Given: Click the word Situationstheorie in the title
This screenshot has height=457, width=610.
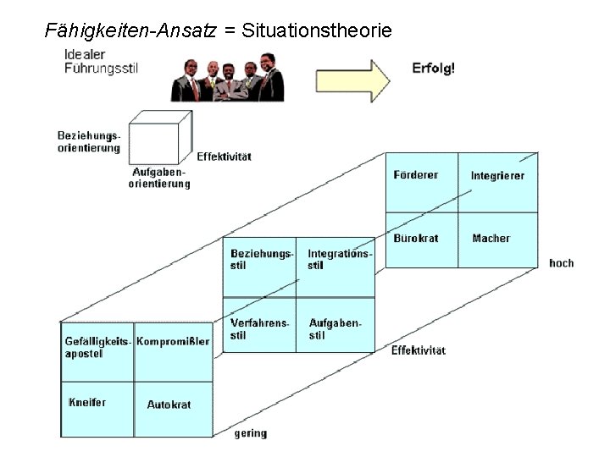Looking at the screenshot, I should [317, 32].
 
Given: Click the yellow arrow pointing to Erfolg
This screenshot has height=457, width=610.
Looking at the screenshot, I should [352, 79].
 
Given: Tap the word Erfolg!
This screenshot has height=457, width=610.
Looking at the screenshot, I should [433, 68].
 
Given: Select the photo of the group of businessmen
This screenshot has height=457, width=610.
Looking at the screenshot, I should [228, 77].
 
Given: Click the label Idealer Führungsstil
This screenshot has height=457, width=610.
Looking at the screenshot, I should [100, 62].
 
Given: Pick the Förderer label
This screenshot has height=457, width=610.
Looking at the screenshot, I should [416, 175].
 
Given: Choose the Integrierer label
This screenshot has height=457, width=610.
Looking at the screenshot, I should [497, 176].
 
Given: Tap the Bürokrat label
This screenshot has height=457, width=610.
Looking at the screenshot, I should [416, 239].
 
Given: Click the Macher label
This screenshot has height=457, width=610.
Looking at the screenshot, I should [491, 239].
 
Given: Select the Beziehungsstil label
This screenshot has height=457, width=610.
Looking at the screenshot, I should [262, 259].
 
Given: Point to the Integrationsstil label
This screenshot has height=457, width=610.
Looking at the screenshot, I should [339, 259].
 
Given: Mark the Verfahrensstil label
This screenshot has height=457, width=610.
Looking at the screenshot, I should [259, 329].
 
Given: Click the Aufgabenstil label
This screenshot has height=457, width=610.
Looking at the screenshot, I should [335, 329].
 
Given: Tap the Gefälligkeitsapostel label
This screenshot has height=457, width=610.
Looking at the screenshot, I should [97, 347].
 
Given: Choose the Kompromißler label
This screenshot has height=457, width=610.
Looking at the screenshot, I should [173, 342].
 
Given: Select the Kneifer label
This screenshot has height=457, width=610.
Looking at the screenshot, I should [87, 402].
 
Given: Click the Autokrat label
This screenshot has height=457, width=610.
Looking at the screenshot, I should [169, 405].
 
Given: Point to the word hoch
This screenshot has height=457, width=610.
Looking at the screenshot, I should [561, 263].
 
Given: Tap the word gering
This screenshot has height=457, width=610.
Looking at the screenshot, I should [251, 433].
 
